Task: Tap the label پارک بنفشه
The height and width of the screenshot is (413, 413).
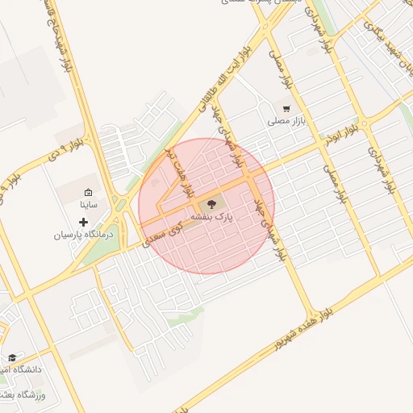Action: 212,218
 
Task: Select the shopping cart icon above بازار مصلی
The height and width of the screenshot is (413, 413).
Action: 286,108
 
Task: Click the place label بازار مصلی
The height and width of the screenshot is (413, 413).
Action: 285,121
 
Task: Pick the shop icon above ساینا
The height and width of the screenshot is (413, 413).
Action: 88,193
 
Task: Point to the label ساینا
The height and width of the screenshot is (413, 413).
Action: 88,205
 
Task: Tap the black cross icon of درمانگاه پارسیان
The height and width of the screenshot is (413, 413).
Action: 83,222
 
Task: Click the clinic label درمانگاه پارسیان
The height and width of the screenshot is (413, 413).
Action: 85,235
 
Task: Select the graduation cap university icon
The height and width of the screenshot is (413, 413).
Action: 12,357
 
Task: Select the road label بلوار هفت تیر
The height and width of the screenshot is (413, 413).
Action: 179,171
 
